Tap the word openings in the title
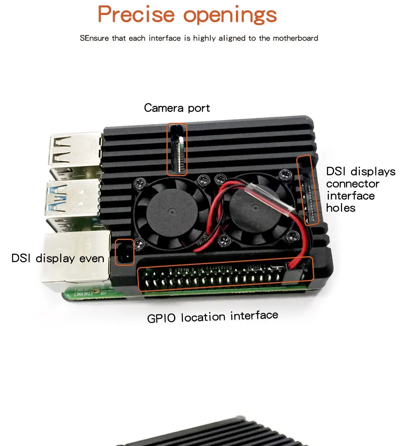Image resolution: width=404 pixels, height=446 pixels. click(x=230, y=15)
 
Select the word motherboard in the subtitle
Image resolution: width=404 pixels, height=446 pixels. click(x=295, y=38)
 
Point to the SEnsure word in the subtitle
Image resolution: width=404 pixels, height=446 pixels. click(x=95, y=38)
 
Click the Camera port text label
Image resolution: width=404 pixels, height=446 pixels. click(x=177, y=108)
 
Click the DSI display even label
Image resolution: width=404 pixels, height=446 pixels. click(x=58, y=258)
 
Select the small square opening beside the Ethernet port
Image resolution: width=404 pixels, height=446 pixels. click(x=124, y=252)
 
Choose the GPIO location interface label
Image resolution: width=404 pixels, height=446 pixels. click(x=213, y=316)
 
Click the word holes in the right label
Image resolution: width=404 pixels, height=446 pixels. click(x=341, y=208)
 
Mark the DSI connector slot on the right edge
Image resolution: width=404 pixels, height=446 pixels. click(x=308, y=190)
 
